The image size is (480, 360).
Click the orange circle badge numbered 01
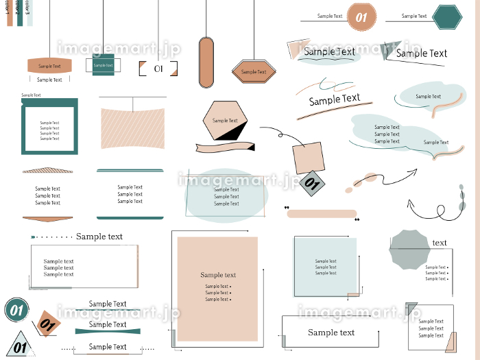point(361,17)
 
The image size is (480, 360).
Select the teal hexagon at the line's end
point(448,17)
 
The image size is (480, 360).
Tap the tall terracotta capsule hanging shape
point(206,62)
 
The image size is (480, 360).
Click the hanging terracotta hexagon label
point(254,71)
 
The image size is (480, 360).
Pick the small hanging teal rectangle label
point(103,65)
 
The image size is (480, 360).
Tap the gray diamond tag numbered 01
point(312,183)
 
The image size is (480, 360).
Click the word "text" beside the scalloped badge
point(440,243)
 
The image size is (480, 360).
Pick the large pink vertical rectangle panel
point(217,288)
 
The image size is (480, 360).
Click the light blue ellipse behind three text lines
point(226,195)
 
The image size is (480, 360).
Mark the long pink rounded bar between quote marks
point(322,213)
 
